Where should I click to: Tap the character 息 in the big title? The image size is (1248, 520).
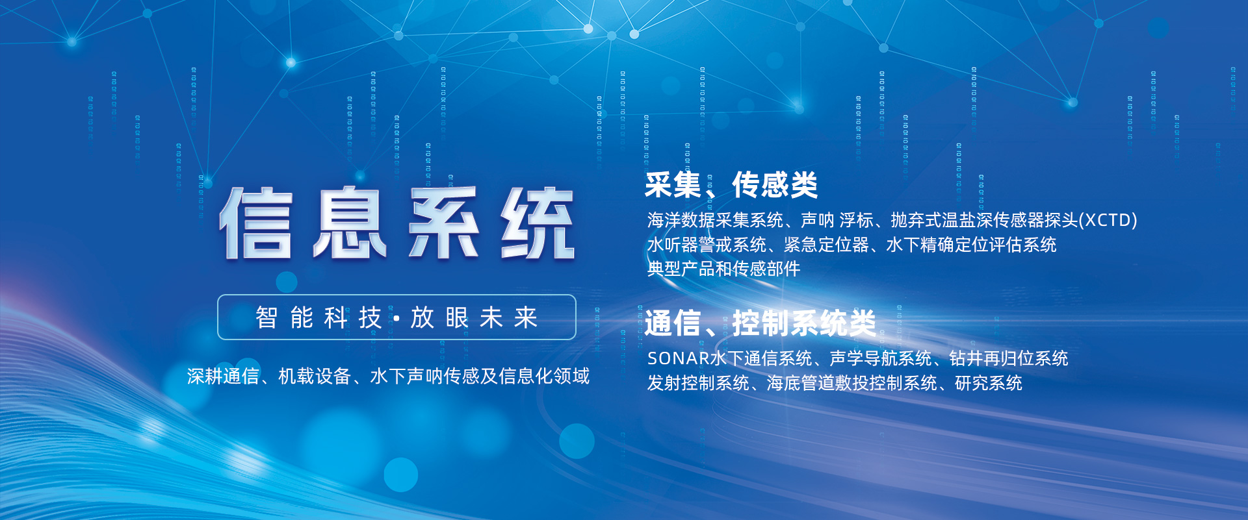click(x=350, y=223)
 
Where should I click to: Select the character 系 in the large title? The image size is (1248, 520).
click(x=445, y=223)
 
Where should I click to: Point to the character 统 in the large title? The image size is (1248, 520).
click(x=538, y=223)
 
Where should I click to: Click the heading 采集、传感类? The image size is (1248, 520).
click(x=731, y=185)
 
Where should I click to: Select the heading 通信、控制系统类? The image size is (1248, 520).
click(x=760, y=323)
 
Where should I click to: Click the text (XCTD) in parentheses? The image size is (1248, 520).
click(x=1108, y=220)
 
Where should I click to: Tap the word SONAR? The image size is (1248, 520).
click(x=679, y=358)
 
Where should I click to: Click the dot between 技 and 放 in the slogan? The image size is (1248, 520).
click(x=396, y=318)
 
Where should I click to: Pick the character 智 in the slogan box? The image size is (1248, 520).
click(x=266, y=317)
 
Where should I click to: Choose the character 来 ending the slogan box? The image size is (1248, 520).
click(x=526, y=317)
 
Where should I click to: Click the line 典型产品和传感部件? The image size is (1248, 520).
click(x=723, y=269)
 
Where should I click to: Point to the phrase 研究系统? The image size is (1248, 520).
click(x=989, y=383)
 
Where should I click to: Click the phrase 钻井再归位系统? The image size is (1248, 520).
click(x=1009, y=358)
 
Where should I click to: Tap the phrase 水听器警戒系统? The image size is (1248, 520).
click(x=707, y=245)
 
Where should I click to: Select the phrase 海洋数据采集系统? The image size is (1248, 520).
click(x=715, y=220)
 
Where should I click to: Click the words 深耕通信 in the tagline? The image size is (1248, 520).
click(x=223, y=376)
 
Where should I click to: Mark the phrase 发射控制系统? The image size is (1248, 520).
click(x=698, y=383)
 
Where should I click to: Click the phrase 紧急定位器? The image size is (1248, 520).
click(x=827, y=245)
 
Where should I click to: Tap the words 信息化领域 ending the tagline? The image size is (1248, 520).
click(x=544, y=376)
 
